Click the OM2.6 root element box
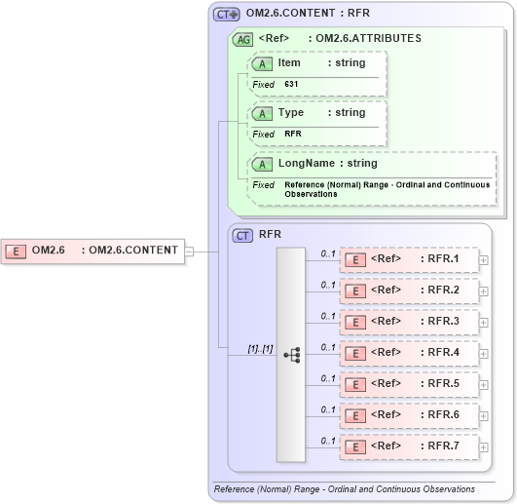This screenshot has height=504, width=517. pos(93,251)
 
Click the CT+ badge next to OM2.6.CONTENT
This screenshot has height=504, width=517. pos(227,15)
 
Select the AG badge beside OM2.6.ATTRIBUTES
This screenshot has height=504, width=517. pos(241,39)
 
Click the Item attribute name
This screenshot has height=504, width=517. pos(289,63)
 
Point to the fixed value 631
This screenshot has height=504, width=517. pos(292,85)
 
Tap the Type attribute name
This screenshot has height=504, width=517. pos(291,113)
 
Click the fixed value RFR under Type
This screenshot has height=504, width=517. pos(293,134)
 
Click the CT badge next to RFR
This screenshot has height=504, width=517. pos(242,235)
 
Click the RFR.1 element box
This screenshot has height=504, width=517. pos(409,259)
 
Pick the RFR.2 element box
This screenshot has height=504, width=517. pos(409,291)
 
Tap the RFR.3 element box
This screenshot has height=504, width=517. pos(409,322)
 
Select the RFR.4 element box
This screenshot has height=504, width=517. pos(409,353)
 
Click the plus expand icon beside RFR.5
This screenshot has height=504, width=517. pos(484,384)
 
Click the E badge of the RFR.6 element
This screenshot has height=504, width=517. pos(355,415)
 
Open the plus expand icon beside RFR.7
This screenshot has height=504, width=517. pos(484,446)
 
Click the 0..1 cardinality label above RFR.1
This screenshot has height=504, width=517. pos(328,253)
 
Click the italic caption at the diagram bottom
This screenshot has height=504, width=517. pos(344,488)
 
